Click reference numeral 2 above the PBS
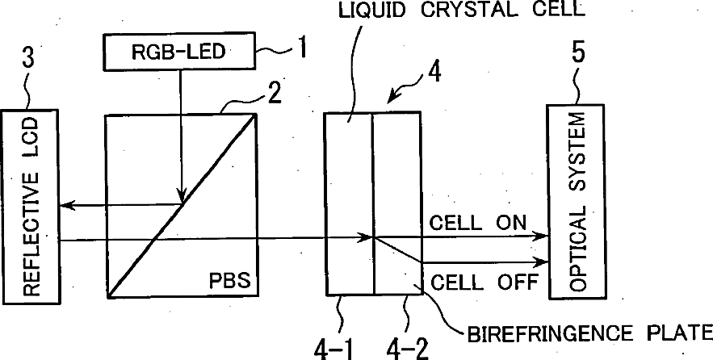pyautogui.click(x=275, y=95)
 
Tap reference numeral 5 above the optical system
pyautogui.click(x=578, y=59)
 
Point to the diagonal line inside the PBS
pyautogui.click(x=181, y=206)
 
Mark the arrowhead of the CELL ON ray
pyautogui.click(x=543, y=237)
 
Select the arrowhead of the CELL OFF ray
pyautogui.click(x=543, y=262)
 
